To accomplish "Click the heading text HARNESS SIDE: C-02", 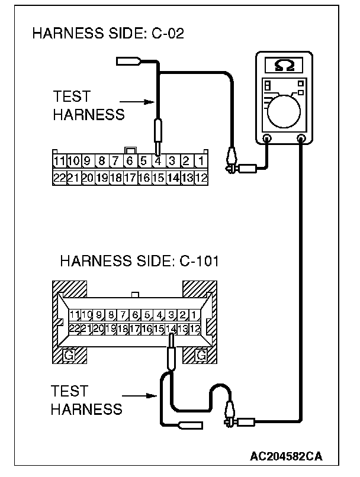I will [x=108, y=34].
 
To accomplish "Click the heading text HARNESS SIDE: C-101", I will [x=139, y=261].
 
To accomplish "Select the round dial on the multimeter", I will [x=284, y=109].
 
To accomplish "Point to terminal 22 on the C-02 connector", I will [x=59, y=177].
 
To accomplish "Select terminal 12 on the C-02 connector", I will [x=201, y=177].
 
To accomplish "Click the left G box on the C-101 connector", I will [x=69, y=356].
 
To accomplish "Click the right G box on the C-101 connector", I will [x=201, y=356].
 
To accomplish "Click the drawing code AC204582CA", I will [x=286, y=456].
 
